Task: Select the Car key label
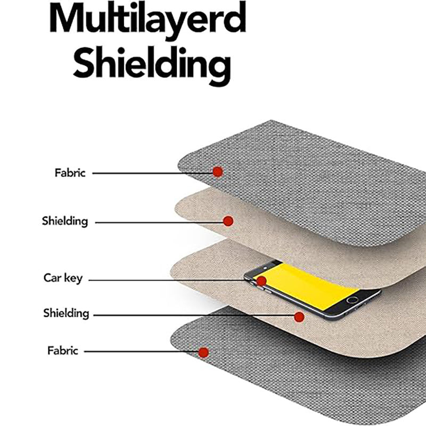63,278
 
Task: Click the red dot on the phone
261,281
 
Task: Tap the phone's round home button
352,300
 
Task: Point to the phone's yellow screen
309,285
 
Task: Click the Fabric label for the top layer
70,173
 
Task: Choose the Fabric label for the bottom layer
63,351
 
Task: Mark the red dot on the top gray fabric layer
217,171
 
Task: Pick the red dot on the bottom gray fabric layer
203,352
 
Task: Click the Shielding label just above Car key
65,220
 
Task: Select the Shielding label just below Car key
66,313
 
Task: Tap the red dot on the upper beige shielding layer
228,221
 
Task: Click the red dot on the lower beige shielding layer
299,317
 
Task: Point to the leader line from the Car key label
170,280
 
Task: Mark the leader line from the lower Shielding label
192,315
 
